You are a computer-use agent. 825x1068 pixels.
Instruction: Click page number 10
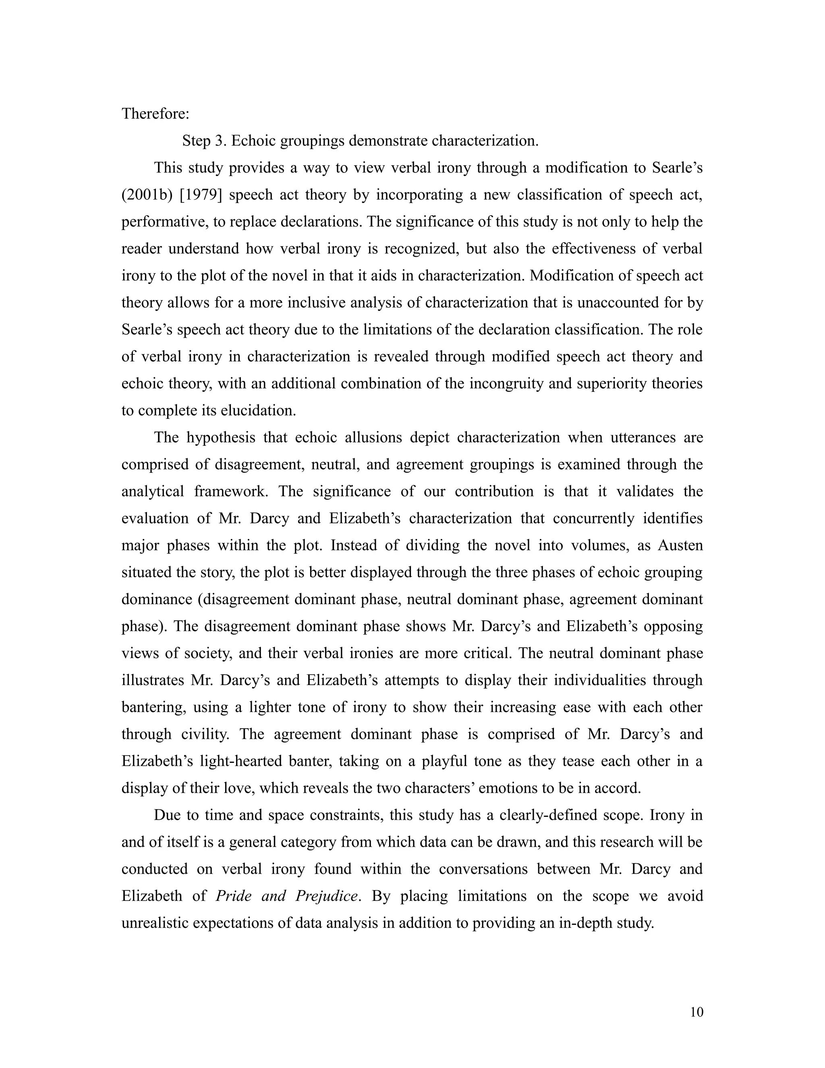(696, 1012)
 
